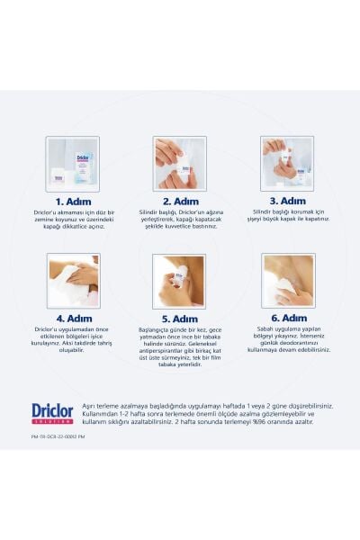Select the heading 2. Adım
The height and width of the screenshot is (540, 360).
click(x=180, y=202)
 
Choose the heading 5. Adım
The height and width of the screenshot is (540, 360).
click(x=180, y=319)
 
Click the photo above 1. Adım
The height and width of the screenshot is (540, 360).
click(x=73, y=164)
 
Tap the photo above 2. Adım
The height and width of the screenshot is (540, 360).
click(x=179, y=164)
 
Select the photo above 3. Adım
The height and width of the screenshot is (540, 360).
click(x=287, y=162)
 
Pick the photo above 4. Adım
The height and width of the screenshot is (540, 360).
click(x=73, y=281)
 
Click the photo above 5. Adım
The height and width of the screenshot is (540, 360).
click(x=179, y=281)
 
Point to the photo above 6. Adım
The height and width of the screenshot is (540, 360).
click(x=287, y=280)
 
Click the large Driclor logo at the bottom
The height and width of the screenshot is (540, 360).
click(x=52, y=410)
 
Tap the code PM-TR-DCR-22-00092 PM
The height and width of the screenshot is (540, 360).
click(x=63, y=436)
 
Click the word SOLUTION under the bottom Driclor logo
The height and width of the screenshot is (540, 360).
click(x=52, y=422)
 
